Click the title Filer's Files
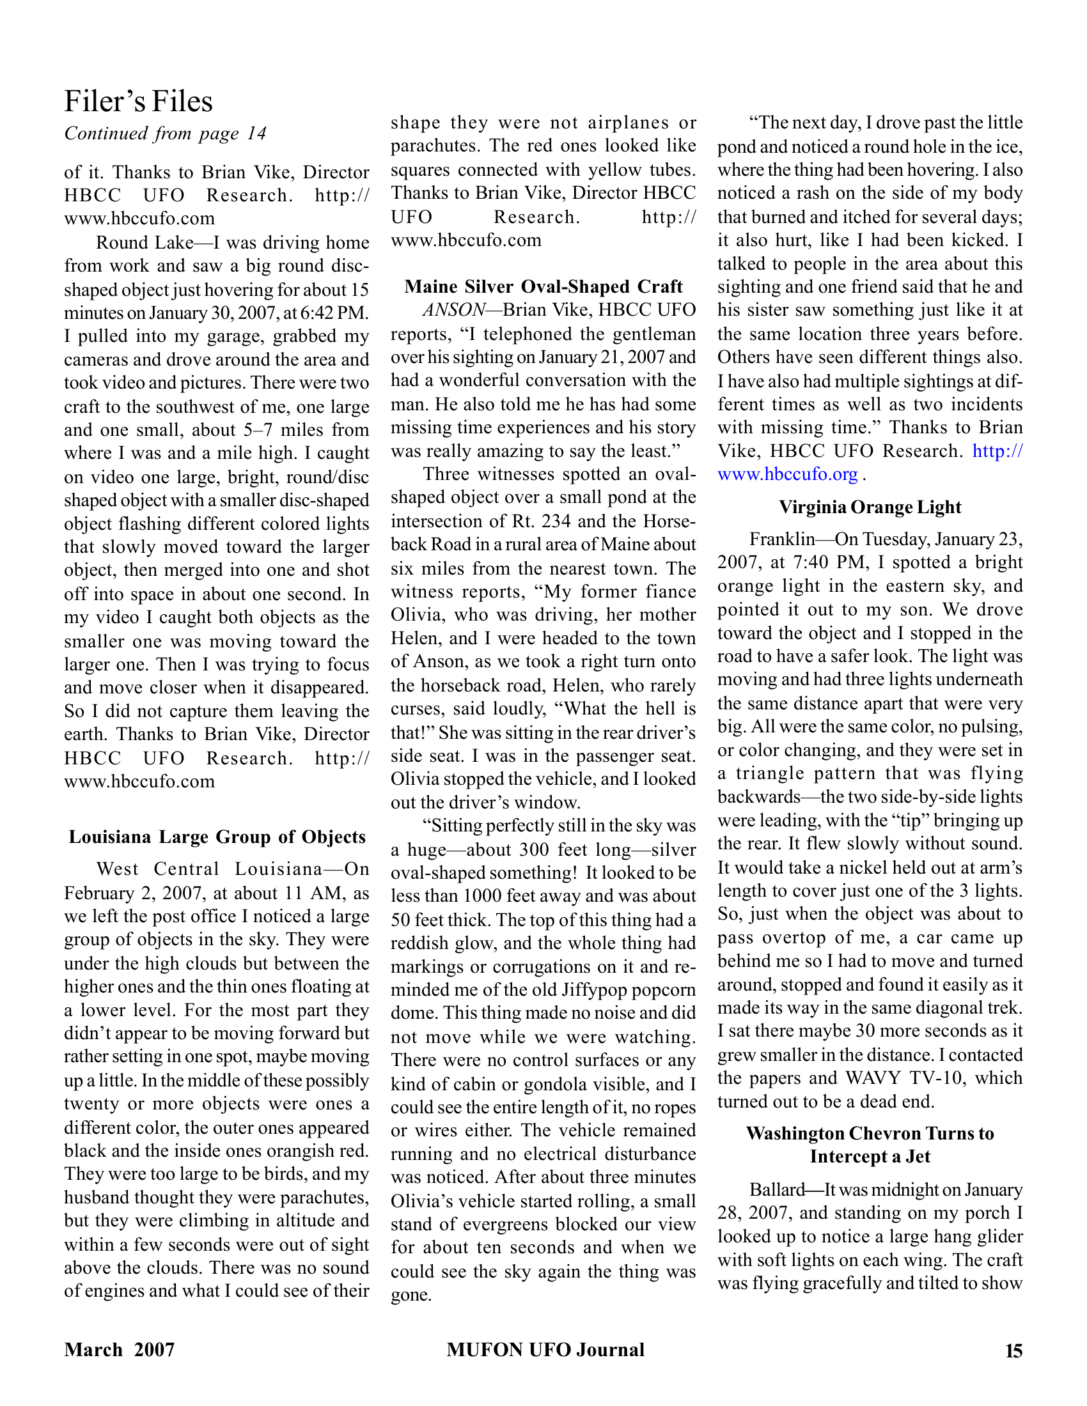point(139,102)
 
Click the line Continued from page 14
point(165,134)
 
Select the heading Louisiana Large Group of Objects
point(217,837)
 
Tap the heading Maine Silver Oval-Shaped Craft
point(543,286)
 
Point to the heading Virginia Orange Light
point(870,507)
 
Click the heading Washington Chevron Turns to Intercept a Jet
point(870,1145)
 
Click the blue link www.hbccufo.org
point(787,474)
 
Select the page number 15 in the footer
point(1013,1350)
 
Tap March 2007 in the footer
point(120,1350)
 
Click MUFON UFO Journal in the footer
point(545,1350)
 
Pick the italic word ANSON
point(453,311)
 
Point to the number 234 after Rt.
point(558,521)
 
